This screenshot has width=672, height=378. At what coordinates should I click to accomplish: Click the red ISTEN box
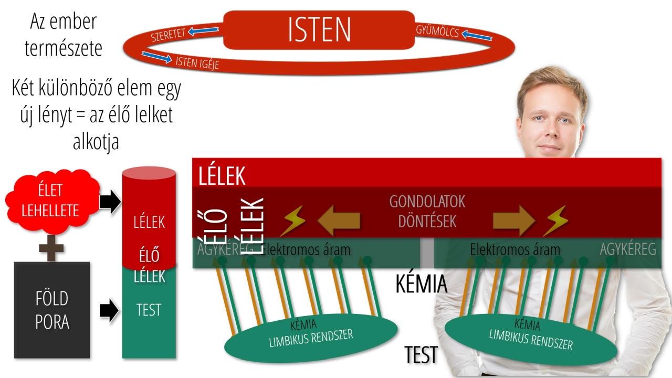(319, 30)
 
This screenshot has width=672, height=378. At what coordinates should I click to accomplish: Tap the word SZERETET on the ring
(168, 35)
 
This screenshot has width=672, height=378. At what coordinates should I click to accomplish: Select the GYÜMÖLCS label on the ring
(437, 31)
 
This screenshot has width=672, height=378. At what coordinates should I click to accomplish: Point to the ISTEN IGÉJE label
(197, 62)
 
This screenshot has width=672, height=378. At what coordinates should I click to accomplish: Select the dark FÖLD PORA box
(52, 310)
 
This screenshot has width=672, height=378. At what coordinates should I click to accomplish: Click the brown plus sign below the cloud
(51, 248)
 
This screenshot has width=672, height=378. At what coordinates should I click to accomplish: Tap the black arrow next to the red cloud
(110, 202)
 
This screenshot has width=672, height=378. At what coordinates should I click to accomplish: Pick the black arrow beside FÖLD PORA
(109, 310)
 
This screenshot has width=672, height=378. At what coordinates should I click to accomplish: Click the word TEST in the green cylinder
(149, 310)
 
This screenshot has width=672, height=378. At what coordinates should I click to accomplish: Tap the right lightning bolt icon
(555, 220)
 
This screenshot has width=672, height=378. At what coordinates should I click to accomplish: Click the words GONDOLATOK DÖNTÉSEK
(427, 211)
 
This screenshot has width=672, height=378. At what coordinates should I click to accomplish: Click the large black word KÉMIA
(421, 284)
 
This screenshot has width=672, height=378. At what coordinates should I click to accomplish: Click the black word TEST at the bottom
(421, 355)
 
